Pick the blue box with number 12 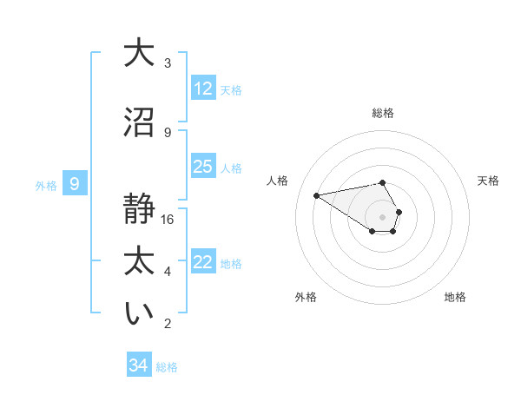coord(203,89)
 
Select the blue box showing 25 coord(203,167)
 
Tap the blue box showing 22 coord(203,263)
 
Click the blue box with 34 coord(139,365)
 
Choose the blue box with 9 coord(75,184)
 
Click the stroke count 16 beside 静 coord(168,219)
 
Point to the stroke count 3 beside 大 coord(168,63)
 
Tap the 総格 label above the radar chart coord(383,113)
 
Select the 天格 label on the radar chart coord(488,181)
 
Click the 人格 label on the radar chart coord(278,181)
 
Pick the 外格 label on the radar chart coord(306,297)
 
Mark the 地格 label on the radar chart coord(455,297)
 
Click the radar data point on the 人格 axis coord(317,194)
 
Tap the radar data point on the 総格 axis coord(383,182)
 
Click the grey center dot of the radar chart coord(383,216)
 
